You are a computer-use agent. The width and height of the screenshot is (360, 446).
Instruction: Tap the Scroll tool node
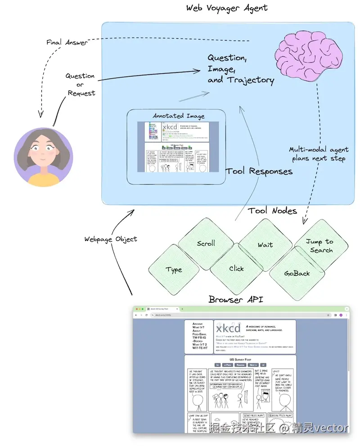[206, 244]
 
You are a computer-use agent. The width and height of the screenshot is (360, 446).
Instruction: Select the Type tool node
[174, 269]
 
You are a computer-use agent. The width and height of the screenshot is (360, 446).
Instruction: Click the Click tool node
[236, 269]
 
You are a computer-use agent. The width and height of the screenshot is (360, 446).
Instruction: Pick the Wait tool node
[265, 245]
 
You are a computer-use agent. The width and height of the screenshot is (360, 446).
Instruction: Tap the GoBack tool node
[297, 273]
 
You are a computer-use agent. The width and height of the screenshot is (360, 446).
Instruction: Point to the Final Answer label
[67, 42]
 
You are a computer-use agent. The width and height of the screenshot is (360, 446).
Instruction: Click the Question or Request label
[81, 84]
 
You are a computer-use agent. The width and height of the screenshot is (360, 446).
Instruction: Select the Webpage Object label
[110, 239]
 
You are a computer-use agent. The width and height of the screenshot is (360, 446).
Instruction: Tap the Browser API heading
[236, 299]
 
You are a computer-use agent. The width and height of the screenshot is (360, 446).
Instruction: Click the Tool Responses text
[259, 171]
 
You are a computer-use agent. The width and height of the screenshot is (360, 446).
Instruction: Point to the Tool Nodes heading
[272, 210]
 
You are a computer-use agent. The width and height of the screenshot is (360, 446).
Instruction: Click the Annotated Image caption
[178, 116]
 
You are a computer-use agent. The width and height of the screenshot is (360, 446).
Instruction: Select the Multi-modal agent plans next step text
[319, 154]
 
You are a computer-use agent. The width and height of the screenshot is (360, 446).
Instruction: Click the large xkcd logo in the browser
[228, 327]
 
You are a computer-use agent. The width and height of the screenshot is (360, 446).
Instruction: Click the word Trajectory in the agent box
[250, 80]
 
